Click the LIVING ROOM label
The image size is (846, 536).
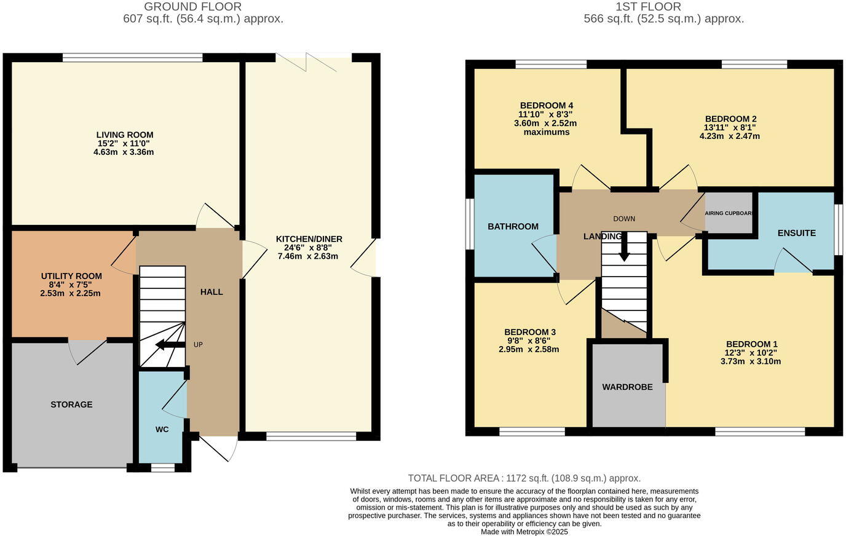(125, 135)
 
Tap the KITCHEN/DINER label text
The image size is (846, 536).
(309, 239)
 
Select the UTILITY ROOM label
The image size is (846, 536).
(71, 276)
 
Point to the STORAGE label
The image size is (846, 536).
(71, 404)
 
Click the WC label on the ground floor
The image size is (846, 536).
(162, 429)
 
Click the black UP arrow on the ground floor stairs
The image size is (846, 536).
(170, 345)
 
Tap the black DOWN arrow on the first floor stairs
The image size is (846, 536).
(624, 249)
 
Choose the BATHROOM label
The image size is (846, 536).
(513, 226)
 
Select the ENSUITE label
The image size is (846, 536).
(796, 233)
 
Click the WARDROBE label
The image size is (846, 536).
(627, 387)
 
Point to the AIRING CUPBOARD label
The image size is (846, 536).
(729, 213)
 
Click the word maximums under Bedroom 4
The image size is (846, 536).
(546, 132)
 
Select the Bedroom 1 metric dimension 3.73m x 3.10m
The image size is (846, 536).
(751, 361)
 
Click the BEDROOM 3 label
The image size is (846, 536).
(529, 332)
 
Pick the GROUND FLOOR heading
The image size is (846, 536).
(192, 7)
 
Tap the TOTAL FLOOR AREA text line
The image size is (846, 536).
(524, 478)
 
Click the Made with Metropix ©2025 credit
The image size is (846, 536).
(524, 532)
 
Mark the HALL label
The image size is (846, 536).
(211, 292)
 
